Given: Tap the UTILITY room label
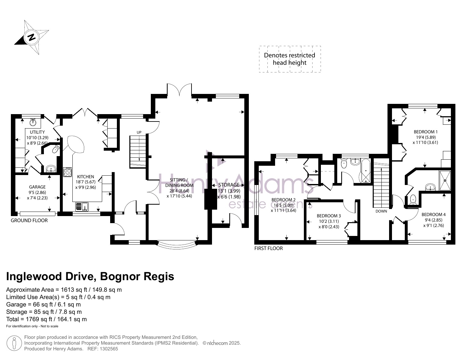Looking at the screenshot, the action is point(37,132).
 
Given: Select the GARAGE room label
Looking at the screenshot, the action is point(37,187).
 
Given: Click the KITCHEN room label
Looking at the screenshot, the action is point(86,176).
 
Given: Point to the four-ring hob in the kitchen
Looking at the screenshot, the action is point(68,172).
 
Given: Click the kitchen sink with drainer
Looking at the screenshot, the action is point(82,207).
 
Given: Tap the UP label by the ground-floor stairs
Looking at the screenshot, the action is point(139,132).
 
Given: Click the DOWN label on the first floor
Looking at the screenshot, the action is point(381,211).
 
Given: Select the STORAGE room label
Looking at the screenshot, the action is point(229,185).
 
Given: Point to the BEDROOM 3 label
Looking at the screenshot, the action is point(329,216).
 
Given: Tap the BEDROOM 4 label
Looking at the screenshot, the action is point(433,214).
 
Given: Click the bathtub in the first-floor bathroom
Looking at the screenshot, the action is point(366,171).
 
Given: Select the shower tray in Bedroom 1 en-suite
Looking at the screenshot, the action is point(445,180).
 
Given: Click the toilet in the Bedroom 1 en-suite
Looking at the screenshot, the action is point(413,199).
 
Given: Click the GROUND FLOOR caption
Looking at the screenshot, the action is point(29,221).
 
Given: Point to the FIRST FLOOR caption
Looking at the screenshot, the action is point(268,248).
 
